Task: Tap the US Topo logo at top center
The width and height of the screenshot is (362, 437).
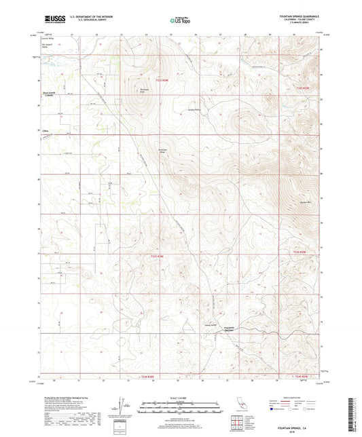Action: (180, 20)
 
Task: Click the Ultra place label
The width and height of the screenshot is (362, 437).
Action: (46, 130)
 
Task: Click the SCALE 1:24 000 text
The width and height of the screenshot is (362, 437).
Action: (181, 398)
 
